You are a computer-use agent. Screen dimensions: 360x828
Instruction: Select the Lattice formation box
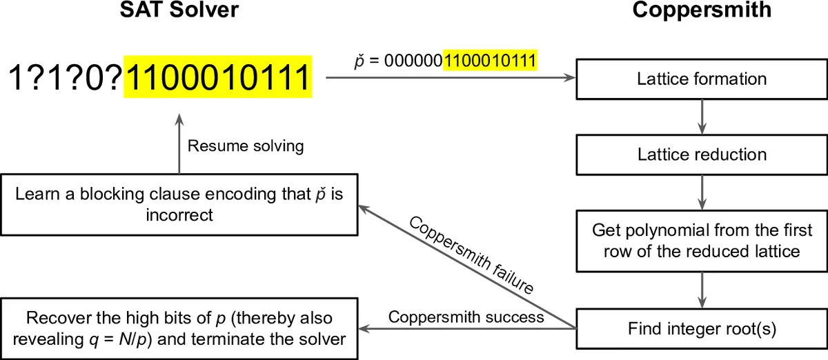702,79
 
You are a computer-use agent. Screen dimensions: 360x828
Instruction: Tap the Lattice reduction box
702,154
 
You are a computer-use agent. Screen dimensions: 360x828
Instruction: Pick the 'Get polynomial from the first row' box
702,239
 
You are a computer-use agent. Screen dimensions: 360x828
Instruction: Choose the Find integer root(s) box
702,328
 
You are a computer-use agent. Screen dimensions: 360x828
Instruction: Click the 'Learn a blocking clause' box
179,204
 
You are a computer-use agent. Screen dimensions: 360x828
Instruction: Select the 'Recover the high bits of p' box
179,328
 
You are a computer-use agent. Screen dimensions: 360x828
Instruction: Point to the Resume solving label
246,146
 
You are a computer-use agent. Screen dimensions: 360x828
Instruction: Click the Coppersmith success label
466,317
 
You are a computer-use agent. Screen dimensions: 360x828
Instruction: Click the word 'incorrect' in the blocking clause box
179,215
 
